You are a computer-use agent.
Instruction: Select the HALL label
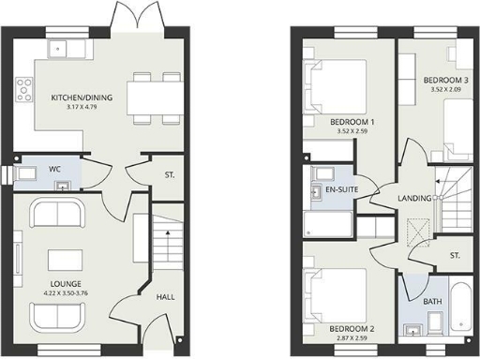(165, 297)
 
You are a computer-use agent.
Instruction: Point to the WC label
(55, 170)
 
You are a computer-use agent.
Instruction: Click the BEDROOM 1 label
(352, 123)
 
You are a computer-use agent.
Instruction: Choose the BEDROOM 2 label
(352, 329)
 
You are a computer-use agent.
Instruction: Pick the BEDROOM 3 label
(444, 80)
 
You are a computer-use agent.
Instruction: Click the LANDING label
(413, 199)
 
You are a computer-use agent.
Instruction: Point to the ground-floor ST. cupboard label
(169, 175)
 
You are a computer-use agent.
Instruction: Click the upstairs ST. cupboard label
(455, 255)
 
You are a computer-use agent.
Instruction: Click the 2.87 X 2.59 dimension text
(352, 339)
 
